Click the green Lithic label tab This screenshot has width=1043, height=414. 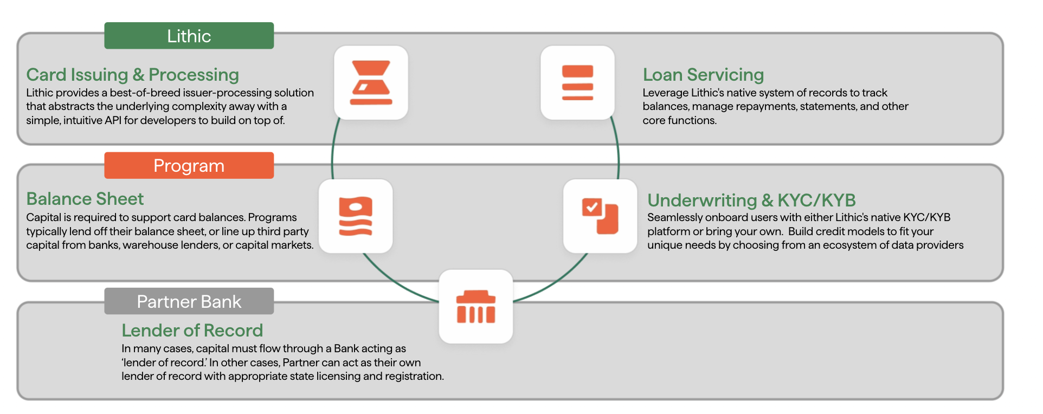click(x=189, y=36)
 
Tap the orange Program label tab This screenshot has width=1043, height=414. click(x=189, y=165)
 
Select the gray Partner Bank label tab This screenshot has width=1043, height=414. click(x=189, y=301)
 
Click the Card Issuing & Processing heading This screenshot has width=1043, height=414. click(x=132, y=75)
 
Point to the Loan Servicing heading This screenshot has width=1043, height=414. click(x=703, y=75)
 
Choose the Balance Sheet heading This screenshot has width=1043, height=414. click(x=85, y=199)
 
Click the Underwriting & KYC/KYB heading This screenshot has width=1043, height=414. click(x=751, y=200)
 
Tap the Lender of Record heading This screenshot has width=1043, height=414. click(x=192, y=331)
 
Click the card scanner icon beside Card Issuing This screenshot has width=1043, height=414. click(x=371, y=82)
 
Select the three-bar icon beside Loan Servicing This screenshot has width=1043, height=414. click(x=577, y=82)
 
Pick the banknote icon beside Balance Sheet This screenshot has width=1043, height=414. click(x=356, y=216)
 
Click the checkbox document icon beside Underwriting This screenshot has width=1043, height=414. click(x=600, y=216)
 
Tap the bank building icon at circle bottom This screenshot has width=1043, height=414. click(x=475, y=307)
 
